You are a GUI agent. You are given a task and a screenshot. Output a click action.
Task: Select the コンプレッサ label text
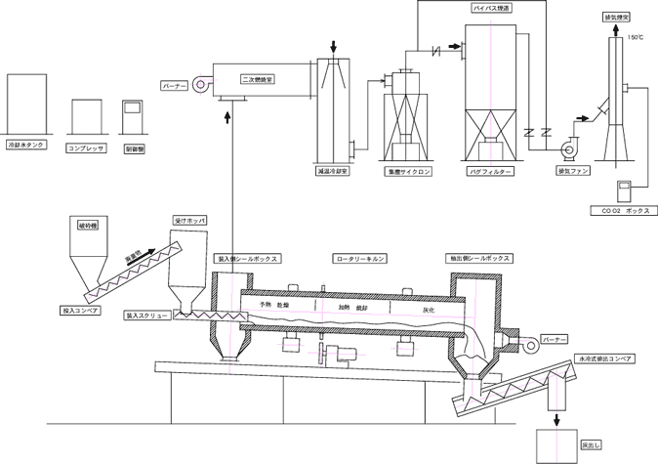click(x=86, y=148)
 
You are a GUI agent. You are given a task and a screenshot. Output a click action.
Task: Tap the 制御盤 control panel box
click(x=132, y=117)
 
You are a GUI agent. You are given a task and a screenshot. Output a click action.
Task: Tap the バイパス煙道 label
click(x=491, y=8)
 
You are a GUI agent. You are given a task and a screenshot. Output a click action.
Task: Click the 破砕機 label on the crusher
click(x=90, y=226)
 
